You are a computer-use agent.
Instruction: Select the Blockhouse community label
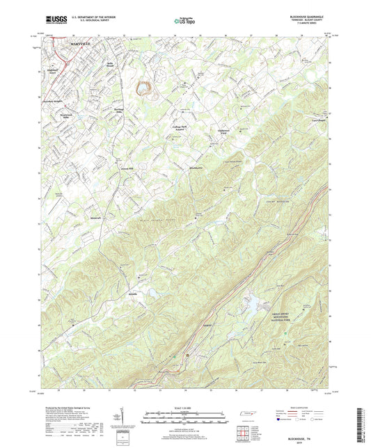197,168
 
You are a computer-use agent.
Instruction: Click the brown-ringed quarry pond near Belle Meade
143,88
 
